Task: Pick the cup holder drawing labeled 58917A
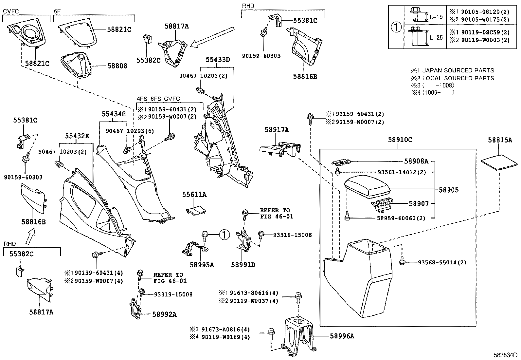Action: click(280, 149)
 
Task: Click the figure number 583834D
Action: click(506, 355)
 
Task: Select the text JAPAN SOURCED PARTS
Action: click(458, 70)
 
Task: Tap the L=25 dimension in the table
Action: click(436, 37)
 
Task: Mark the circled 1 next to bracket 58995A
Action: click(224, 234)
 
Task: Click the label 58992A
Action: click(164, 314)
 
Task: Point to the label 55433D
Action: click(218, 59)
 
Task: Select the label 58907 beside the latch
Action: click(418, 203)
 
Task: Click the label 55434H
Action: click(113, 114)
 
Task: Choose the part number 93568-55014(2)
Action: click(442, 262)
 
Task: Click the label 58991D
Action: click(243, 264)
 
